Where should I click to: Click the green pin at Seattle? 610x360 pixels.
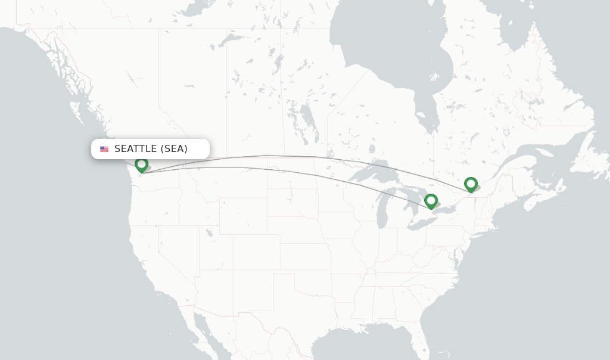(141, 165)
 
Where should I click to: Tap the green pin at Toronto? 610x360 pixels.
(431, 201)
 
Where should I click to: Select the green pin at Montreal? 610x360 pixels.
(471, 184)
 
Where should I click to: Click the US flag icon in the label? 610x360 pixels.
(104, 149)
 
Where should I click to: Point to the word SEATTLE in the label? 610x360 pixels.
(135, 149)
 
